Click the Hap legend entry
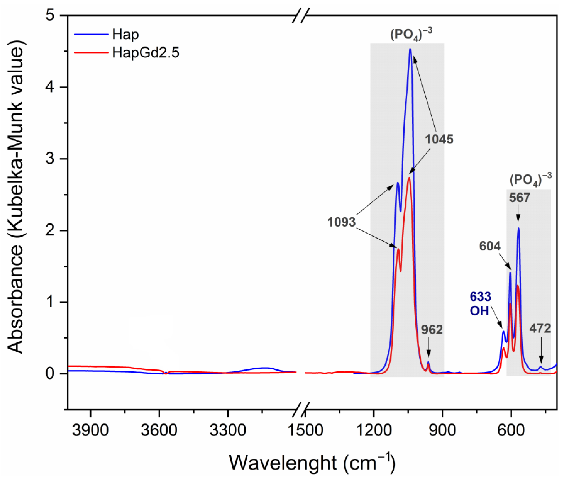click(x=125, y=35)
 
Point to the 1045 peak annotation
click(x=439, y=139)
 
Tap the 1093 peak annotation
click(x=341, y=222)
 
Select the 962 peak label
click(x=432, y=330)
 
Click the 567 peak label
click(x=520, y=198)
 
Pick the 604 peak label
click(x=490, y=246)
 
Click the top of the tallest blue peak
click(x=410, y=49)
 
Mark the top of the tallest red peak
click(x=409, y=178)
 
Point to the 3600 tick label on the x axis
click(x=159, y=431)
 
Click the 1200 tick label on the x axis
click(x=374, y=431)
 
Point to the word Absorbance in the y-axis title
click(x=16, y=299)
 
